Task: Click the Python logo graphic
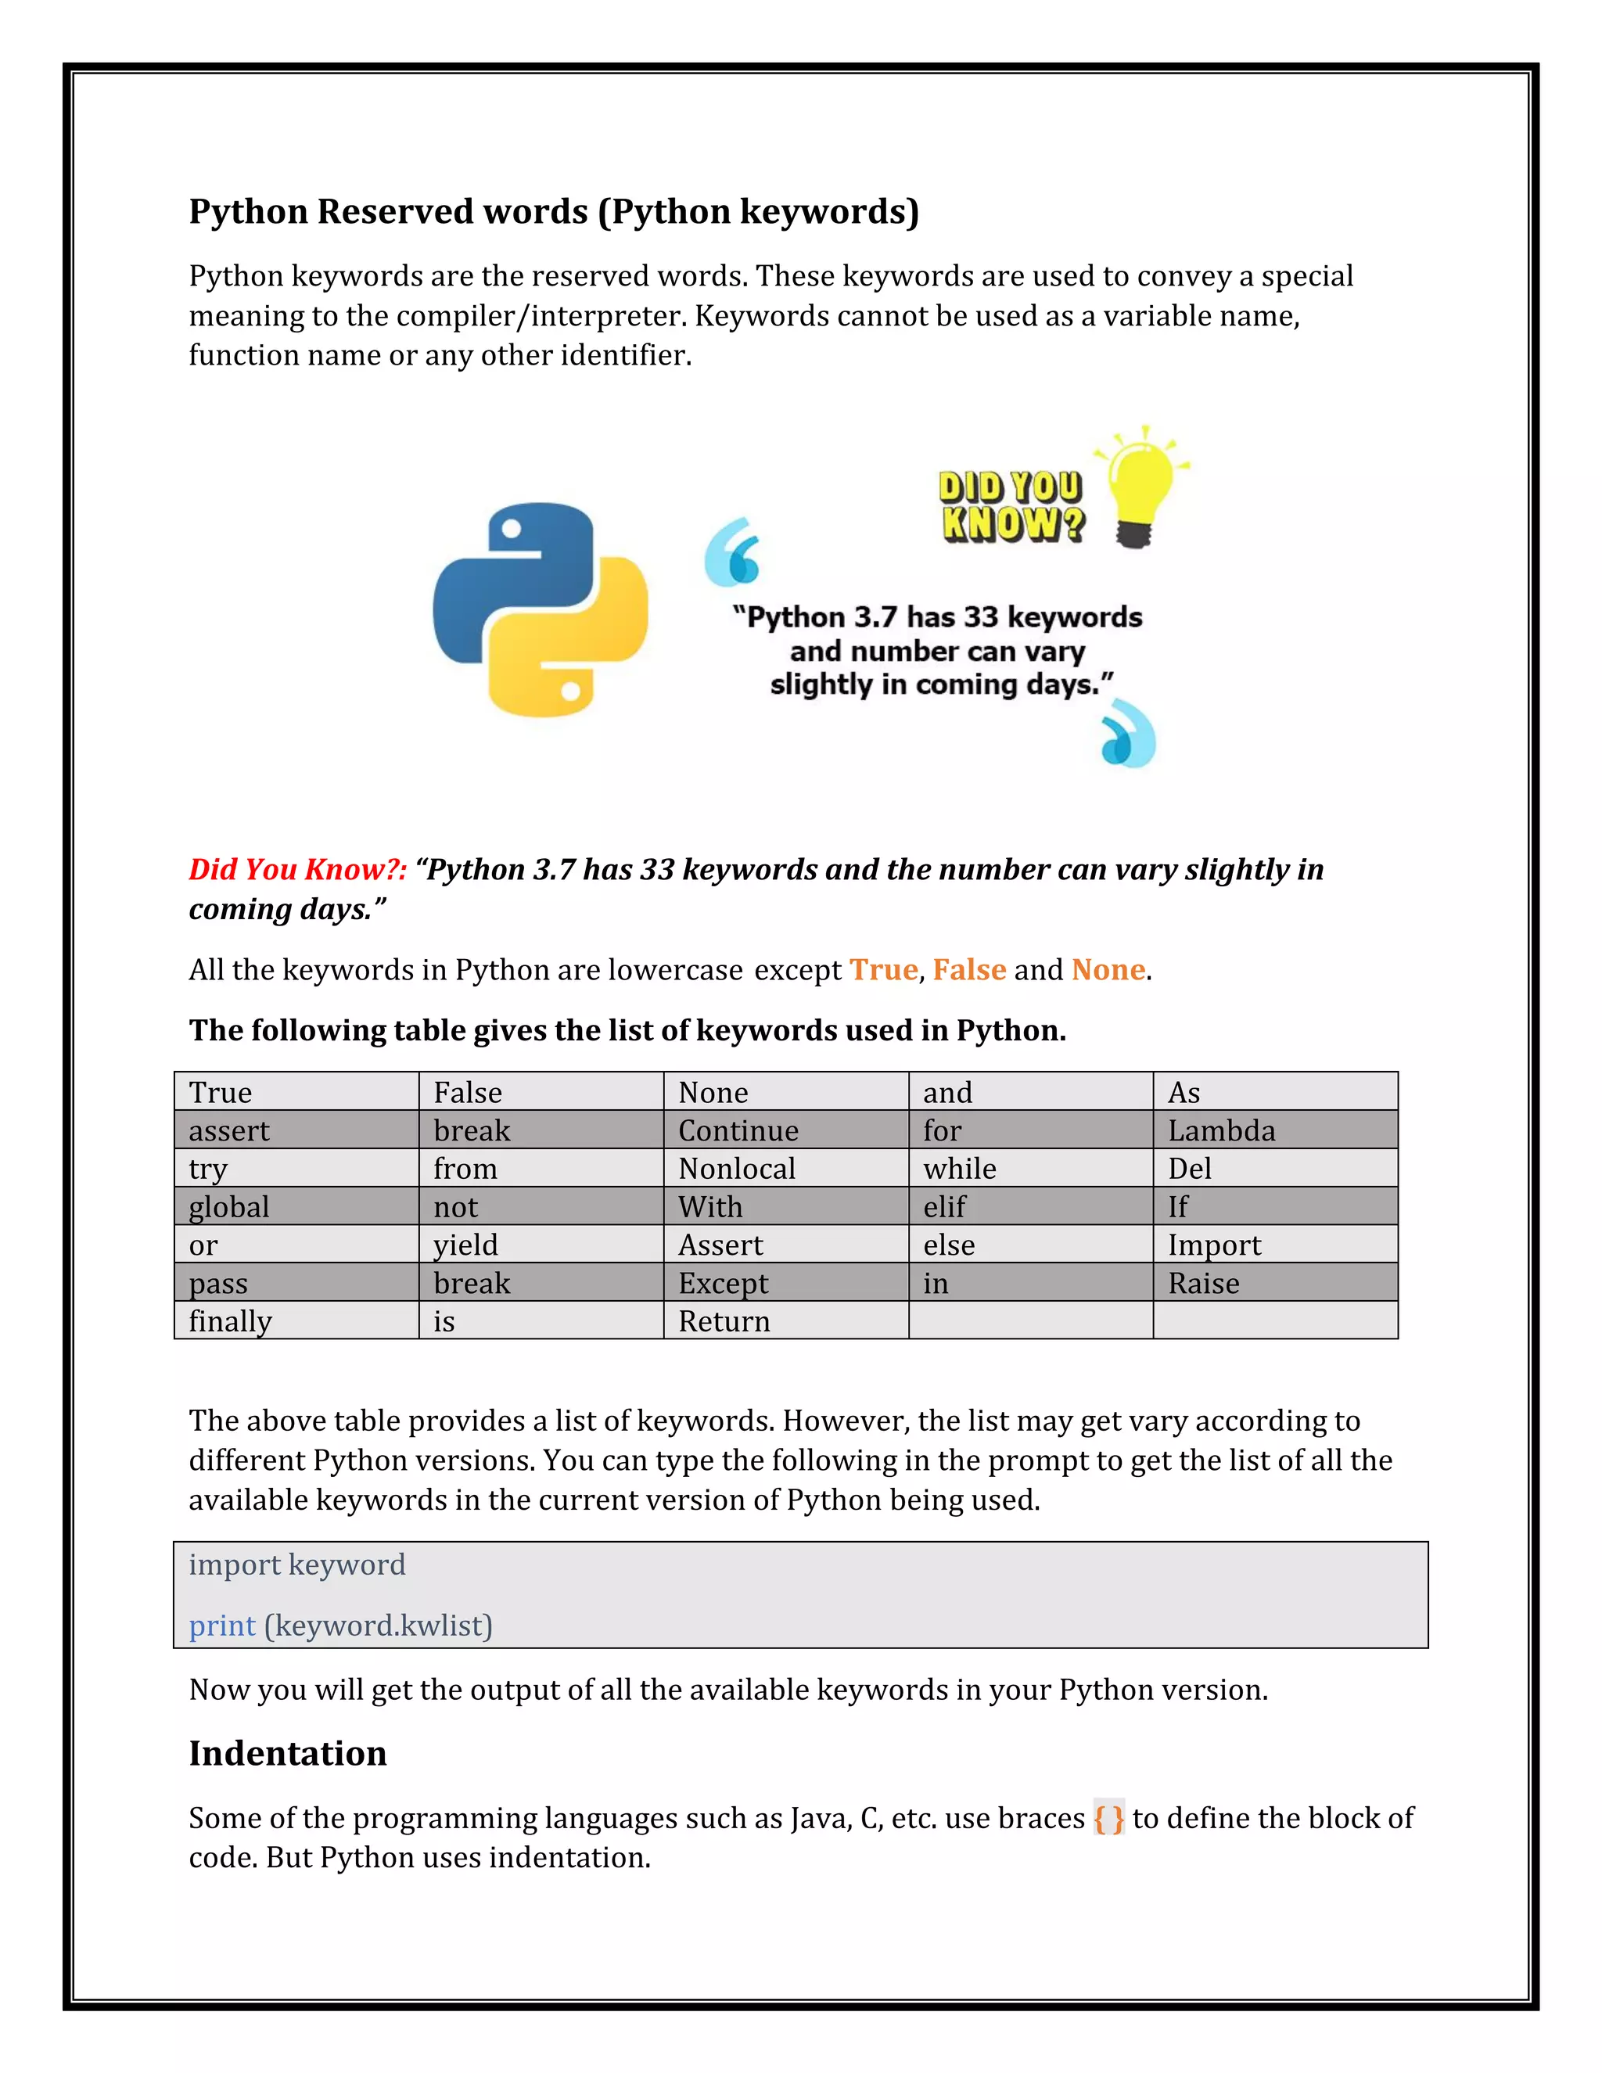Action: tap(540, 609)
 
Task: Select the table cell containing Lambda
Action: tap(1274, 1130)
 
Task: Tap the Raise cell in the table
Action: tap(1274, 1282)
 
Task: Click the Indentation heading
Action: tap(288, 1753)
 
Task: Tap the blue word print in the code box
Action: tap(222, 1626)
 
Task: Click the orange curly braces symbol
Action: tap(1108, 1818)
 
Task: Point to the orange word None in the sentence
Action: tap(1108, 969)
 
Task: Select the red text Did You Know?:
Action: tap(297, 869)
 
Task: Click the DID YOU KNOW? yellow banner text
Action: tap(1011, 506)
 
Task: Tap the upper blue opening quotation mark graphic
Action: tap(734, 551)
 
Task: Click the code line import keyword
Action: tap(297, 1565)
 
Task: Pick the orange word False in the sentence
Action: tap(969, 969)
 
